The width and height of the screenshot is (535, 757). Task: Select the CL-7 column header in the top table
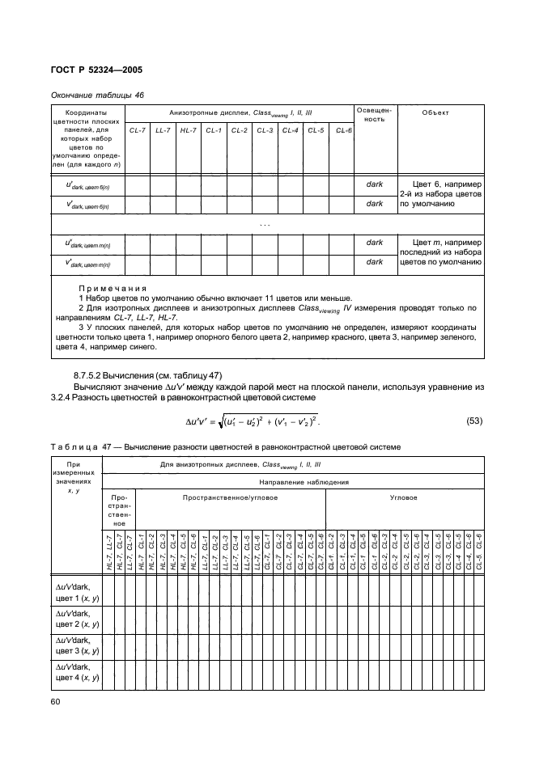point(137,130)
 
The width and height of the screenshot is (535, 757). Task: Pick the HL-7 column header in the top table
point(189,130)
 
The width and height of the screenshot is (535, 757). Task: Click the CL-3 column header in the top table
point(265,130)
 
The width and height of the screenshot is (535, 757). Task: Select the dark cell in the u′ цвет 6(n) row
point(374,184)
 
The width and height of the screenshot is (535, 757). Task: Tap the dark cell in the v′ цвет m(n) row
point(374,262)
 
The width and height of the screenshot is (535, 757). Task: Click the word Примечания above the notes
point(112,289)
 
